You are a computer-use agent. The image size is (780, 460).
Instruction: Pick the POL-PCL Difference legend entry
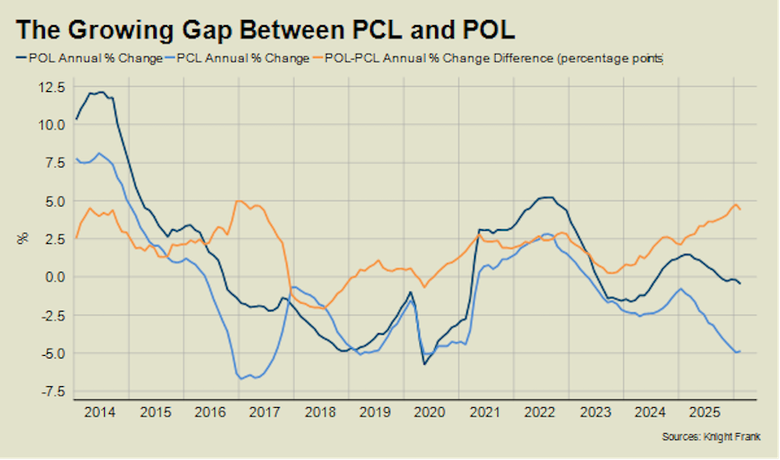(495, 59)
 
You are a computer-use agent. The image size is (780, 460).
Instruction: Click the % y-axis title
(23, 236)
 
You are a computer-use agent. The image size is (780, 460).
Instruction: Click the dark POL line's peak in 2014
(101, 92)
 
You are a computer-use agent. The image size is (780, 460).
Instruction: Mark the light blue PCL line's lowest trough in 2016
(240, 378)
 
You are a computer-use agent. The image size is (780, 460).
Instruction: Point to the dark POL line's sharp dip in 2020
(425, 364)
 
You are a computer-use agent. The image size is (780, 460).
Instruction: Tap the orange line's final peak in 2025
(735, 205)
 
